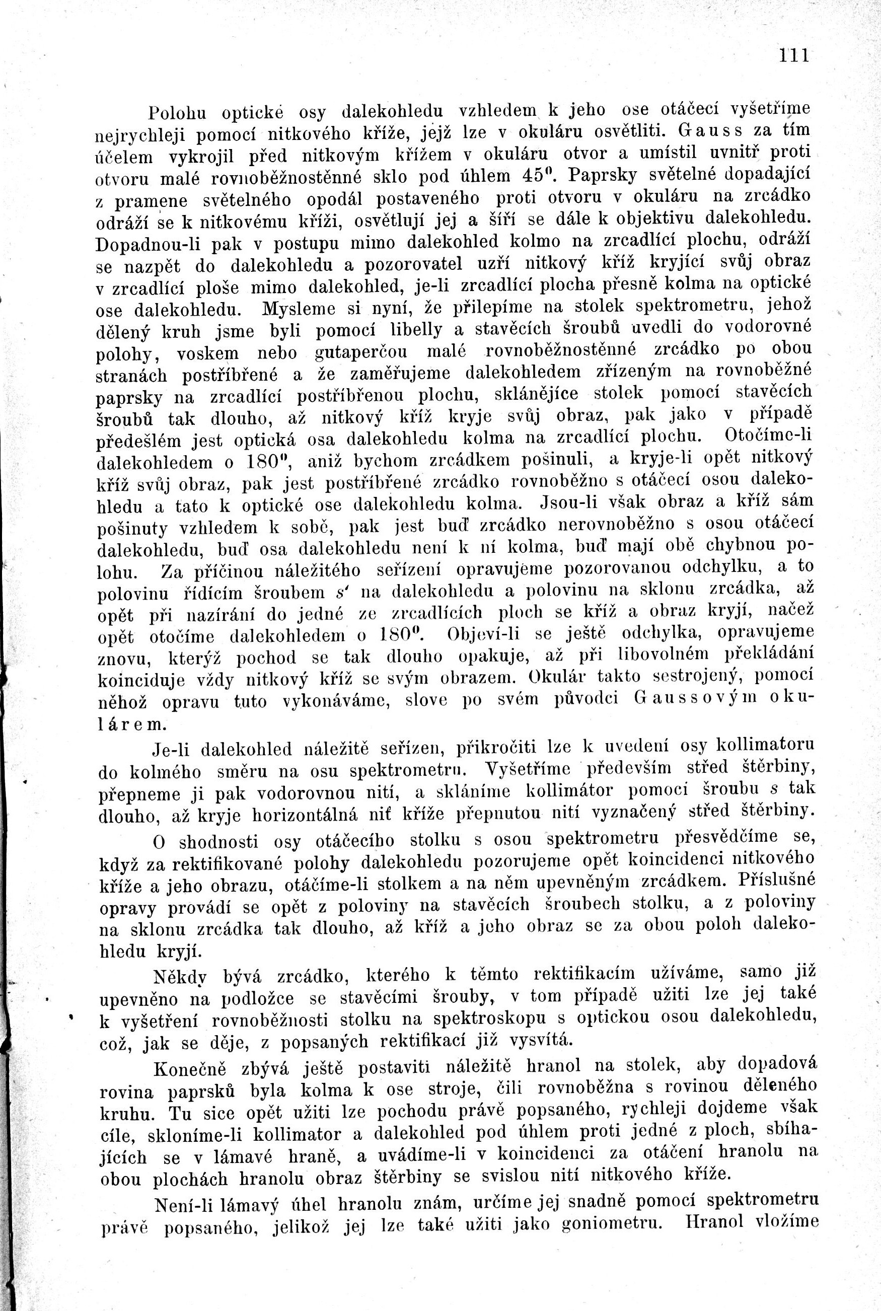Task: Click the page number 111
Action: click(x=793, y=55)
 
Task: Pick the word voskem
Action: click(x=207, y=354)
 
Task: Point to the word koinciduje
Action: click(x=141, y=681)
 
